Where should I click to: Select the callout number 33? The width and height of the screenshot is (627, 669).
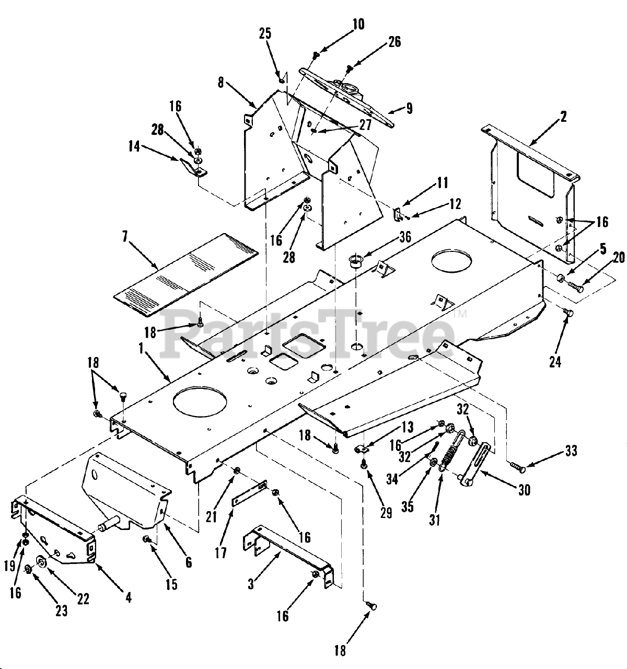571,451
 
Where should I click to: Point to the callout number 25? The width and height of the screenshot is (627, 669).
265,34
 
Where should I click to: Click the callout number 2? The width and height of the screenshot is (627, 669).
563,116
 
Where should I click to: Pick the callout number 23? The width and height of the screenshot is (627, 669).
62,610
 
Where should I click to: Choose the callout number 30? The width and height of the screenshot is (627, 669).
524,489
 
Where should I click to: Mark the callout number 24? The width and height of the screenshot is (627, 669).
555,361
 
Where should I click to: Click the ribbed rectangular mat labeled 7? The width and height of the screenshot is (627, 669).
185,274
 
